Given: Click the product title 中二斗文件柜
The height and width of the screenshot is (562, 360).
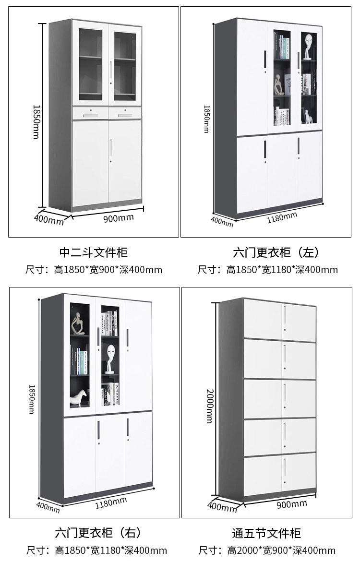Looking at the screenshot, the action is tap(93, 252).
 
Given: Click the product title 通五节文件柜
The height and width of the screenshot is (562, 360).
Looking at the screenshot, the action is tap(266, 533).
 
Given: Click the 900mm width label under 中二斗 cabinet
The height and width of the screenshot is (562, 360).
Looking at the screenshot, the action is tap(119, 218).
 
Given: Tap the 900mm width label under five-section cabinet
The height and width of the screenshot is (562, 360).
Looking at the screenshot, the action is tap(291, 504).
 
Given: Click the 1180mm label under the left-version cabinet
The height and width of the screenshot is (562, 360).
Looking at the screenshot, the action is tap(282, 217).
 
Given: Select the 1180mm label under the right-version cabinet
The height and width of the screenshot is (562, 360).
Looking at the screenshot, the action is tap(111, 502).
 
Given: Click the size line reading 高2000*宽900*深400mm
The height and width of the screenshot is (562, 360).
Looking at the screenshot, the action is tap(267, 550).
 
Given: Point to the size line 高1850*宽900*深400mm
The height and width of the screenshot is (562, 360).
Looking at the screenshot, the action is tap(94, 270).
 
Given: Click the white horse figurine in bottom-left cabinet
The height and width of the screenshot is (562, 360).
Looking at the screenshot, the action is tap(79, 398).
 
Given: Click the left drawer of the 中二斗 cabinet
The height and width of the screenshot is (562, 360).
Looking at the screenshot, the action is tap(90, 113).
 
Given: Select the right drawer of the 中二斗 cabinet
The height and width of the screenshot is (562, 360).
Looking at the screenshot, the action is tap(125, 113).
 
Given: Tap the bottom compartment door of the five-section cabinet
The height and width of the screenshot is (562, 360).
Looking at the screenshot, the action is tap(280, 472).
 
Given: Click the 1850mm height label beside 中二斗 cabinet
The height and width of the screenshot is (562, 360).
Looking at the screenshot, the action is tap(36, 122).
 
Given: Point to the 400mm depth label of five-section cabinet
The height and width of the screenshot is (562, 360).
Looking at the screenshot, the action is tap(221, 506).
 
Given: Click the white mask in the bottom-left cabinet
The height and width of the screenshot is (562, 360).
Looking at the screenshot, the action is tap(110, 355).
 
